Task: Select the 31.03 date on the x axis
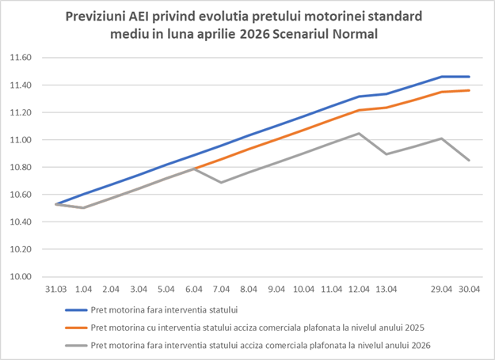pos(55,290)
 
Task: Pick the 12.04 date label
pos(359,290)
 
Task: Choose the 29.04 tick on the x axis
pos(441,290)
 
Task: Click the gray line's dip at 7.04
pos(221,182)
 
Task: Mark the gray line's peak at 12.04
pos(359,133)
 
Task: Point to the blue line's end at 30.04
pos(469,77)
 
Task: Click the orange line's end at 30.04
pos(469,90)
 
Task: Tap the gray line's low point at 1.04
pos(83,208)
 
